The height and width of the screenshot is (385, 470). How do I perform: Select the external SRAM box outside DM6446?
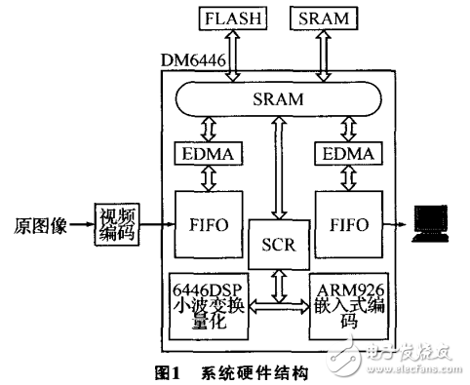click(323, 18)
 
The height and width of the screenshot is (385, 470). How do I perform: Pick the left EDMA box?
click(205, 153)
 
